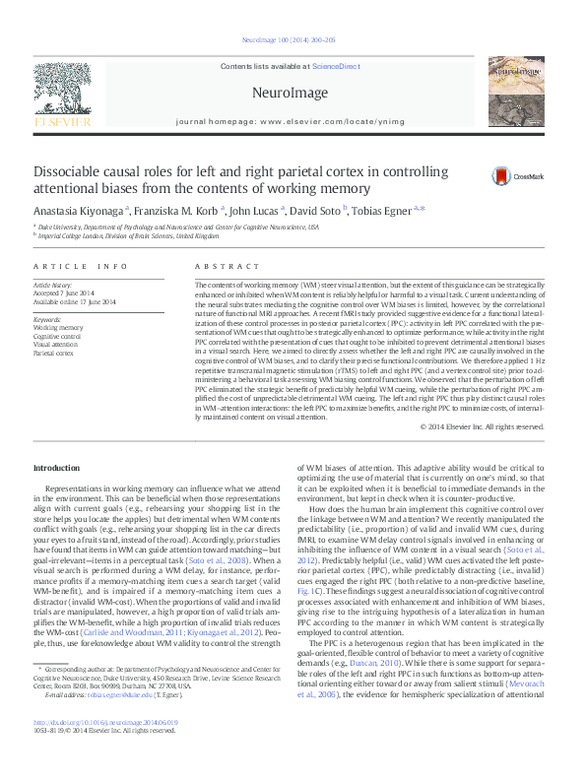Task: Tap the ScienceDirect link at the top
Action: pos(335,65)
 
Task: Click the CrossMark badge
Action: pos(518,176)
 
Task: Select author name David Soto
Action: pos(314,210)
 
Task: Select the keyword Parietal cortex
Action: pos(53,353)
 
